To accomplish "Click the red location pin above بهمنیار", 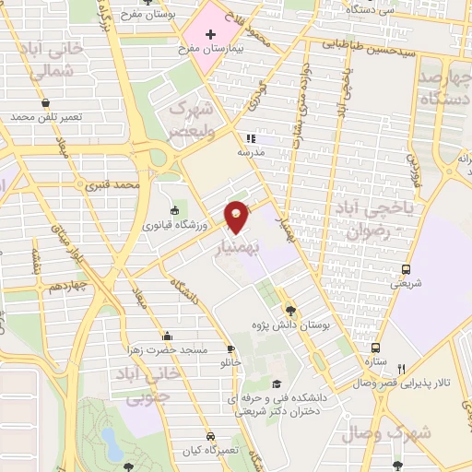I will tap(237, 216).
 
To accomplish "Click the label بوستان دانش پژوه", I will tap(302, 325).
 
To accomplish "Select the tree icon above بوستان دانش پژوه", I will tap(291, 311).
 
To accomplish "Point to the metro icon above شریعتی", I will tap(407, 269).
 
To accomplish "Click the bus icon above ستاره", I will tap(375, 348).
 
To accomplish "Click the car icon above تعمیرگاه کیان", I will tap(211, 436).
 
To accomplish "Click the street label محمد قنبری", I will tap(111, 186).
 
